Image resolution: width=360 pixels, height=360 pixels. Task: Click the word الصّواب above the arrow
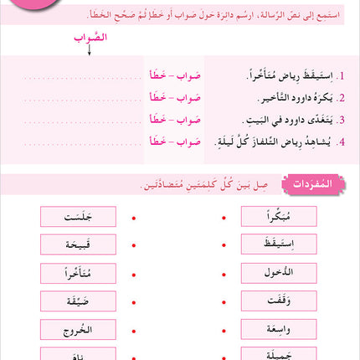(85, 38)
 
